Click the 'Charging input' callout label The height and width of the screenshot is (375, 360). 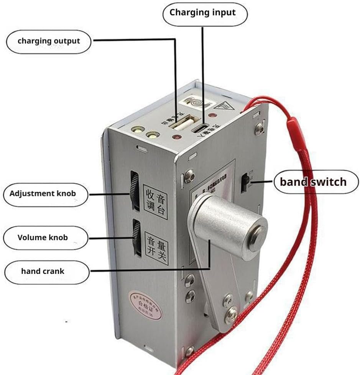point(203,12)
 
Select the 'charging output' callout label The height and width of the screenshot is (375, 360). point(49,41)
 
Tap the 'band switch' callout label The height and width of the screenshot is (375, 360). point(313,181)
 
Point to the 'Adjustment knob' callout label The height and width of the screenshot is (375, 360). point(43,193)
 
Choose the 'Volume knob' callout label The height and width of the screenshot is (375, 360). point(43,237)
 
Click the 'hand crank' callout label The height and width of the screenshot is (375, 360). point(43,271)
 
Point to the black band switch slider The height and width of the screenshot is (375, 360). point(244,183)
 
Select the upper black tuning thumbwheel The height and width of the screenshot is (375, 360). point(135,190)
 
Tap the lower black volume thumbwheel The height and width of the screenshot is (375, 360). point(135,237)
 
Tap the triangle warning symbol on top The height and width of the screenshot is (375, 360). point(224,104)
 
